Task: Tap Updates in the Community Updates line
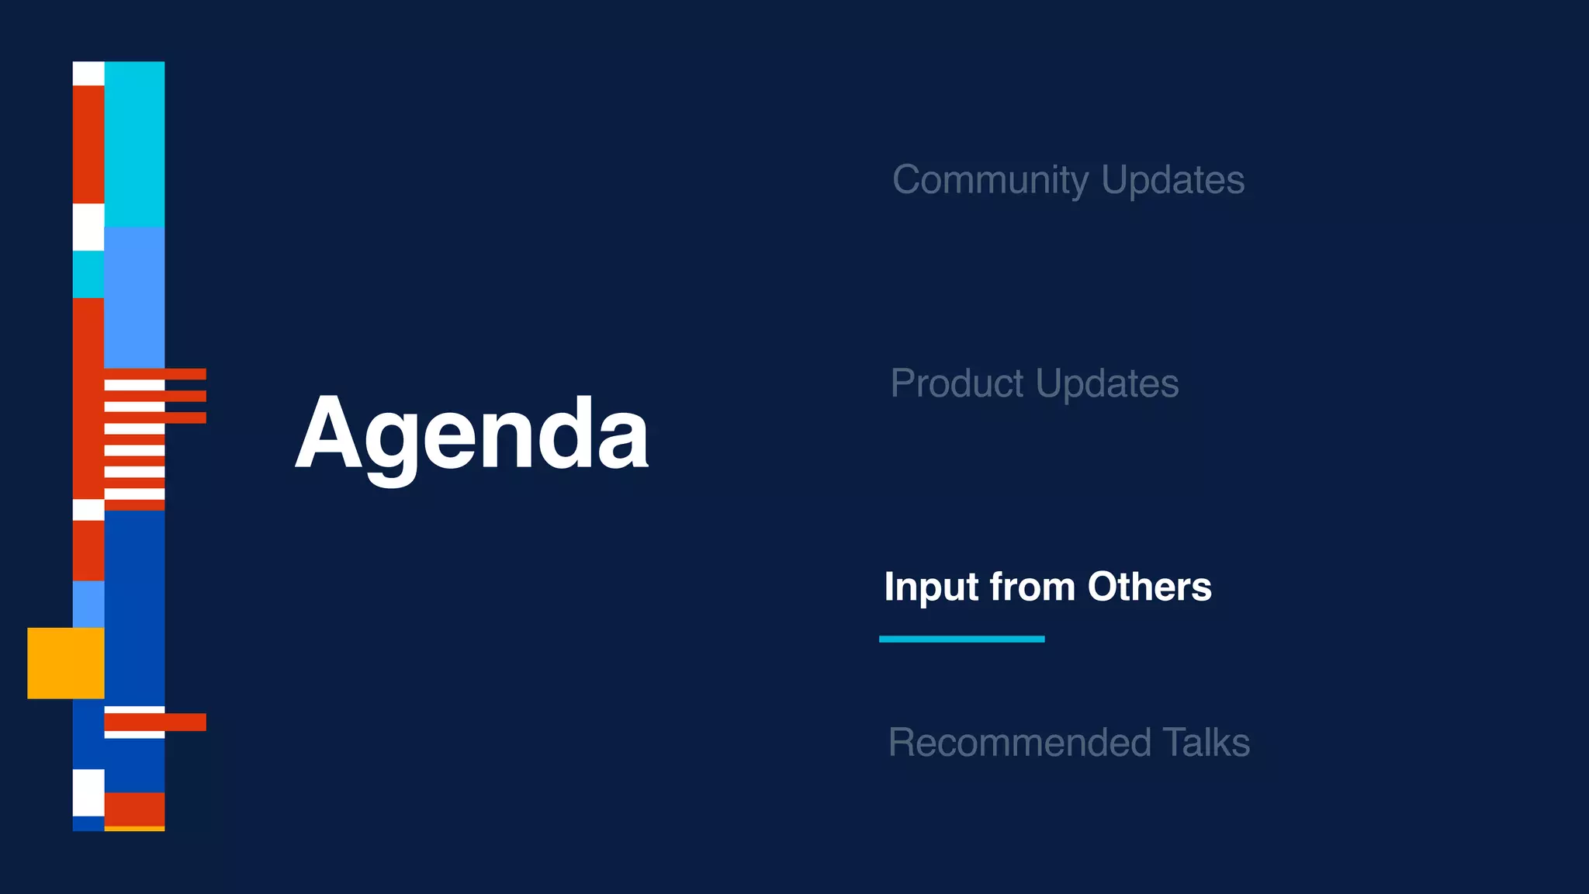click(1172, 180)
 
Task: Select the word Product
click(957, 383)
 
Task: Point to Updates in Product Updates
click(1107, 383)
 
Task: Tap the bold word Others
click(1149, 587)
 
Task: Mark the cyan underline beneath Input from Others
click(961, 639)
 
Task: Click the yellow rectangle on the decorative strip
click(66, 663)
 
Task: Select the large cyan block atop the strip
click(134, 144)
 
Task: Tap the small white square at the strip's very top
click(88, 74)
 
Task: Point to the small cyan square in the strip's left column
click(88, 274)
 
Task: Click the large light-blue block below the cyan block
click(134, 297)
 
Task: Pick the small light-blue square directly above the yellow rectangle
click(88, 604)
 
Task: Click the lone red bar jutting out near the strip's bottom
click(155, 722)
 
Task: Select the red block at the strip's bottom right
click(134, 809)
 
